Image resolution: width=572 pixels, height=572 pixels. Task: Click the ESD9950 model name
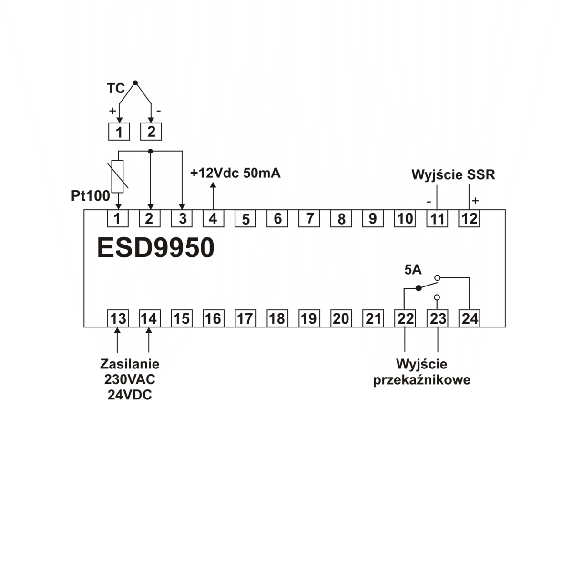coord(155,248)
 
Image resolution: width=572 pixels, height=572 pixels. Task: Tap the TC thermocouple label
coord(115,88)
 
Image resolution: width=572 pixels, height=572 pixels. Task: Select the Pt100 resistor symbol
coord(118,176)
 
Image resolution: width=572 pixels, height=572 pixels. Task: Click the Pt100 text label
coord(91,196)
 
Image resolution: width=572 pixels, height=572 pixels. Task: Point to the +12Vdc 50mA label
coord(235,173)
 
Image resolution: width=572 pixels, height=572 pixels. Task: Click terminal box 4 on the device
coord(213,219)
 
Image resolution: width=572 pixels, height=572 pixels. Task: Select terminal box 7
coord(309,219)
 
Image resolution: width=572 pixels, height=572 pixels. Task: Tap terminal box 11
coord(437,219)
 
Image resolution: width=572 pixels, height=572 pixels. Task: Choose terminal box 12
coord(469,219)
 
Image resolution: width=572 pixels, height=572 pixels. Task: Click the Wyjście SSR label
coord(453,174)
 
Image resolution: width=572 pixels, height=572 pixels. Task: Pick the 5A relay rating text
coord(413,270)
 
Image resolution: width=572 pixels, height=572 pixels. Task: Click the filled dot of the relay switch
coord(419,288)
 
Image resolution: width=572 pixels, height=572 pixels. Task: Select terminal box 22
coord(405,318)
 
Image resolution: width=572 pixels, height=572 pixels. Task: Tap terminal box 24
coord(469,318)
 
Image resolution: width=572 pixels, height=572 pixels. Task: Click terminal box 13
coord(118,318)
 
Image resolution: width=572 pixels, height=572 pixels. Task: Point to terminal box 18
coord(277,318)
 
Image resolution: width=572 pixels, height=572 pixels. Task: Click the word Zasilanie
coord(130,364)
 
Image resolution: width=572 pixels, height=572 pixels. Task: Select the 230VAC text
coord(130,380)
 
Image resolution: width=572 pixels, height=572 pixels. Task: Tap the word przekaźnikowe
coord(421,380)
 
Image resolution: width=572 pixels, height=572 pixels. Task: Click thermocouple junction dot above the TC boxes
coord(135,82)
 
